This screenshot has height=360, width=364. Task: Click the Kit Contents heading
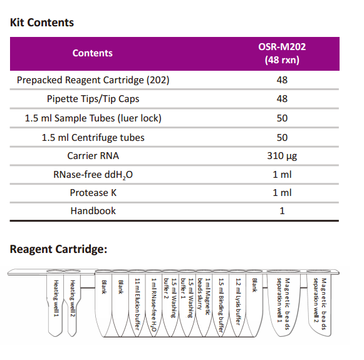[x=42, y=23]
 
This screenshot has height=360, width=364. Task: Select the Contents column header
[x=92, y=53]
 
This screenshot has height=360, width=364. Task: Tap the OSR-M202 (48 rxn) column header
[x=282, y=53]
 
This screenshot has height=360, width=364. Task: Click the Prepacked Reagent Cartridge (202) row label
[x=93, y=80]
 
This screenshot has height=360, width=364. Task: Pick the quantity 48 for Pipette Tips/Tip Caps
[x=282, y=99]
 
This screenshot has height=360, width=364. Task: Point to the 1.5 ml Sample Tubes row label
[x=93, y=118]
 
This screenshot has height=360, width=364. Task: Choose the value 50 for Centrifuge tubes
[x=282, y=138]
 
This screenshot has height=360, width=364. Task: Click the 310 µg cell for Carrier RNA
[x=282, y=156]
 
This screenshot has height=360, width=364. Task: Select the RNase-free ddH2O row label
[x=93, y=175]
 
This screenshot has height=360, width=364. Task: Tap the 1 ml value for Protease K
[x=282, y=193]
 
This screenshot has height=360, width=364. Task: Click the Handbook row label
[x=93, y=211]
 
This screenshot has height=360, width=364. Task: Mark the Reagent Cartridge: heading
[x=58, y=249]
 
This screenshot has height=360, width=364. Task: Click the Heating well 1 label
[x=56, y=298]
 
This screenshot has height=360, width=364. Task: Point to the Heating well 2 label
[x=73, y=298]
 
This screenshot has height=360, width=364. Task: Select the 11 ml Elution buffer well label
[x=137, y=304]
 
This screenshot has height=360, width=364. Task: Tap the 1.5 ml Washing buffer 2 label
[x=170, y=298]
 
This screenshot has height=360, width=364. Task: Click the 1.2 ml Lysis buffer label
[x=238, y=302]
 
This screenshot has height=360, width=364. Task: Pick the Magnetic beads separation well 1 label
[x=283, y=304]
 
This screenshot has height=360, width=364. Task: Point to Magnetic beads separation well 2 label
[x=320, y=304]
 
